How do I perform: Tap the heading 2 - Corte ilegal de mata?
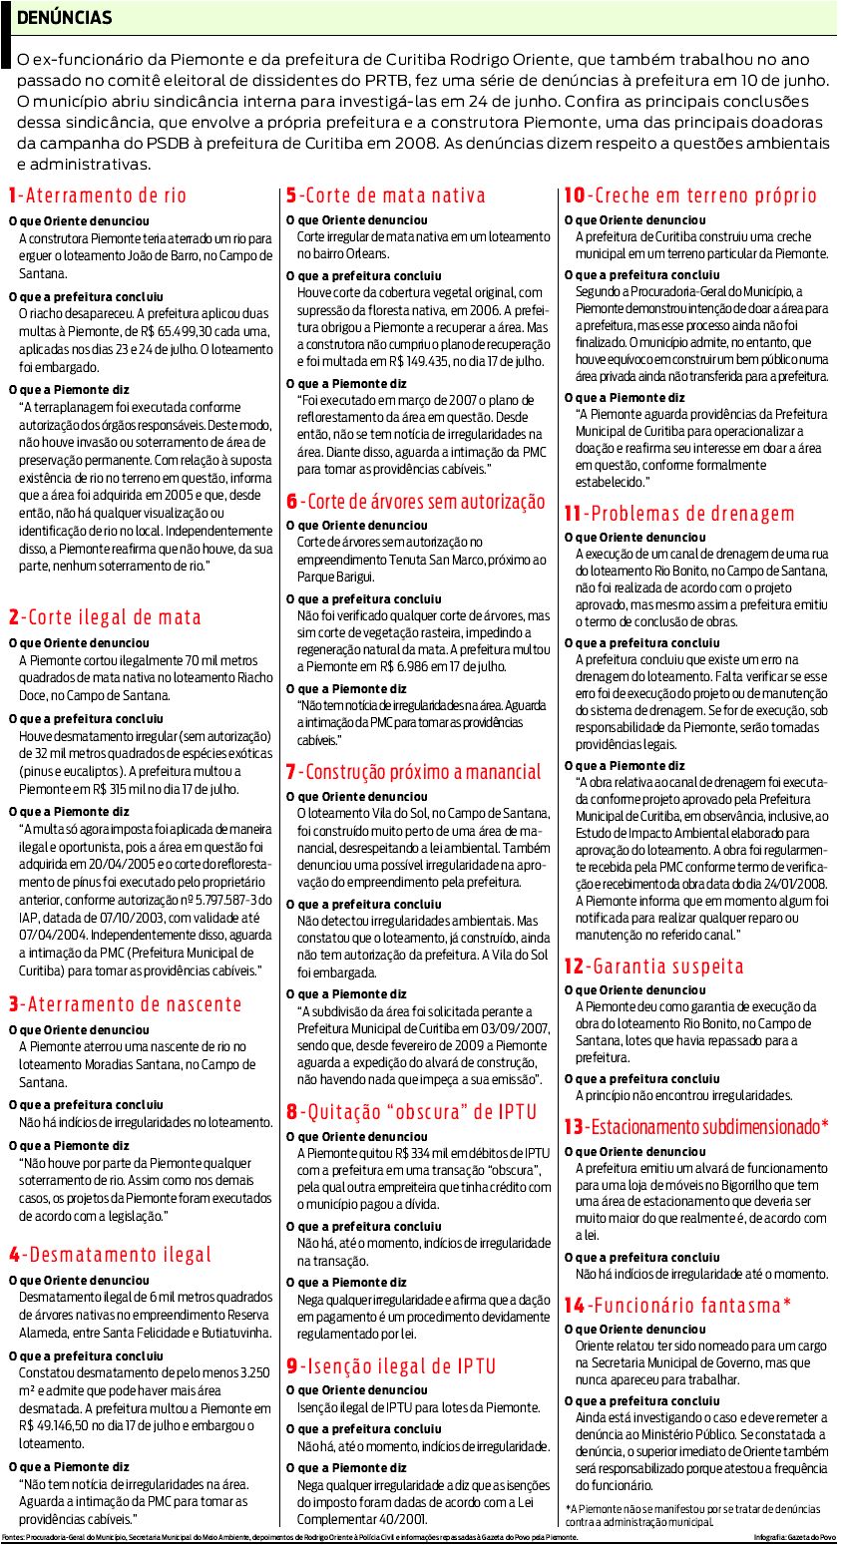[x=105, y=617]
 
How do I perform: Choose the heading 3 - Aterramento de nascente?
[x=125, y=1004]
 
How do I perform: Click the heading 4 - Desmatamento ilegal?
[x=111, y=1255]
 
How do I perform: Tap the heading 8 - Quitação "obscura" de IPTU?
[x=411, y=1112]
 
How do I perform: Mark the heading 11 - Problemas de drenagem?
[x=679, y=515]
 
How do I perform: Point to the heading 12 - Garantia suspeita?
[x=653, y=966]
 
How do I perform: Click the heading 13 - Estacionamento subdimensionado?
[x=696, y=1127]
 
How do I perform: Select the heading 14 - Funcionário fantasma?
[x=677, y=1305]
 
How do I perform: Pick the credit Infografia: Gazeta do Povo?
[x=794, y=1538]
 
